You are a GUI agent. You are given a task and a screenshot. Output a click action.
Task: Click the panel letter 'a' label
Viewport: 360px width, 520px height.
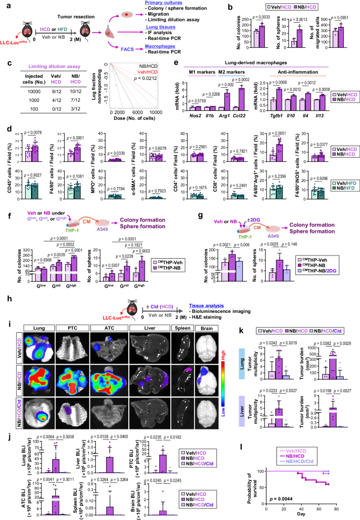5,5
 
